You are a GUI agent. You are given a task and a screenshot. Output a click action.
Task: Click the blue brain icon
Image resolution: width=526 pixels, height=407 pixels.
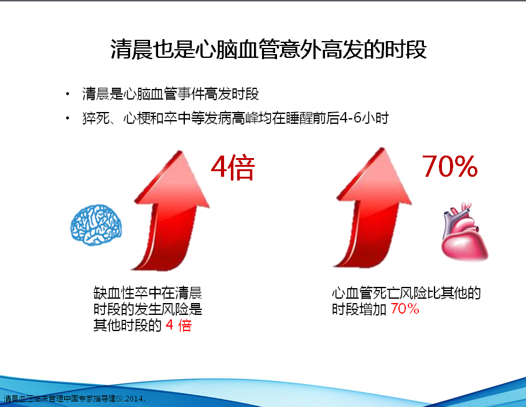click(x=96, y=225)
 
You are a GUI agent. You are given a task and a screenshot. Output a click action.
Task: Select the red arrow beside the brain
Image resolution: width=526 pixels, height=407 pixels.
click(x=170, y=210)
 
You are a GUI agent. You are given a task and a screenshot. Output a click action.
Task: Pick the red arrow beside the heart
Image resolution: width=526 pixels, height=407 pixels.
click(x=372, y=208)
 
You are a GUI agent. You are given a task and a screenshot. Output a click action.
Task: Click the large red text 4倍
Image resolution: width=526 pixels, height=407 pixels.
click(x=233, y=167)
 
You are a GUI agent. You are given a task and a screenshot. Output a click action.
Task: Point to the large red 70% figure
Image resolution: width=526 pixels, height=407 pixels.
click(x=450, y=166)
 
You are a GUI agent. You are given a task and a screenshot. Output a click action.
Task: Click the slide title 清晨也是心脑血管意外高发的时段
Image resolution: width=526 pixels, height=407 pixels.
click(x=268, y=49)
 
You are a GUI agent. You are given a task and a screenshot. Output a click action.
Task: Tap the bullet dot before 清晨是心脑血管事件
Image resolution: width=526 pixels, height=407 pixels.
click(x=68, y=94)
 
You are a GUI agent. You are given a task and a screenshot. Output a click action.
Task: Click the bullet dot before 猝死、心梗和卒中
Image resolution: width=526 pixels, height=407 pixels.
click(x=68, y=118)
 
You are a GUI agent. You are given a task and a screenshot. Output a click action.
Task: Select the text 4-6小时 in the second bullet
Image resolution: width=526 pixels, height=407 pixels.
click(x=364, y=118)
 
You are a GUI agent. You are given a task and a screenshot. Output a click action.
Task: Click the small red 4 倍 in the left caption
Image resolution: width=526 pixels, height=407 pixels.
click(x=179, y=325)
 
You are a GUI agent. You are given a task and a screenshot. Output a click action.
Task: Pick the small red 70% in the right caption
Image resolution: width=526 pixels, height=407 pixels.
click(x=405, y=309)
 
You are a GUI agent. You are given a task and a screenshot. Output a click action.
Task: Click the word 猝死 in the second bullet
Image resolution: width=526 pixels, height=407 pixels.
click(x=96, y=118)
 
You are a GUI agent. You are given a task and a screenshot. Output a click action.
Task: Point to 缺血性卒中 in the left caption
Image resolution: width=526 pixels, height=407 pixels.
click(x=127, y=293)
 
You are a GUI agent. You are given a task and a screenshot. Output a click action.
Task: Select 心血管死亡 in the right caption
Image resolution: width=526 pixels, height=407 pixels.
click(x=365, y=293)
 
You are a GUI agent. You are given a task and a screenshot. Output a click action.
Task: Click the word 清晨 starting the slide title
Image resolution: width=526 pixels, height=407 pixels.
click(x=131, y=49)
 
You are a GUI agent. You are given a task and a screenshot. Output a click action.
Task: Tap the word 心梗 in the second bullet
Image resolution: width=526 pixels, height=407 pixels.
click(x=137, y=118)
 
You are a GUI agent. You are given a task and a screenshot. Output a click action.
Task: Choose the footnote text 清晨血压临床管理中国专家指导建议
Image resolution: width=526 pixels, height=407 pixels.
click(x=63, y=399)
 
